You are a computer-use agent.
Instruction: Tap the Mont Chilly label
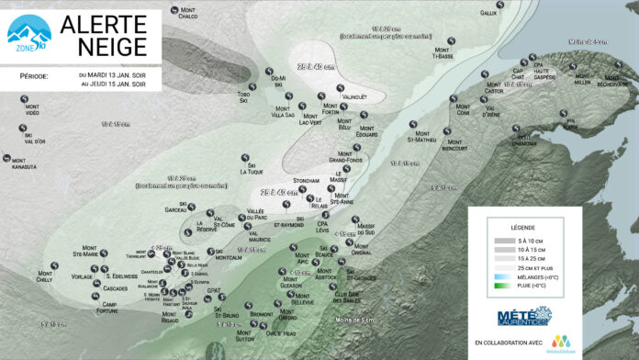tap(46, 276)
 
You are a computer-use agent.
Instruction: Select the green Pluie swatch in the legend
tap(501, 287)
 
